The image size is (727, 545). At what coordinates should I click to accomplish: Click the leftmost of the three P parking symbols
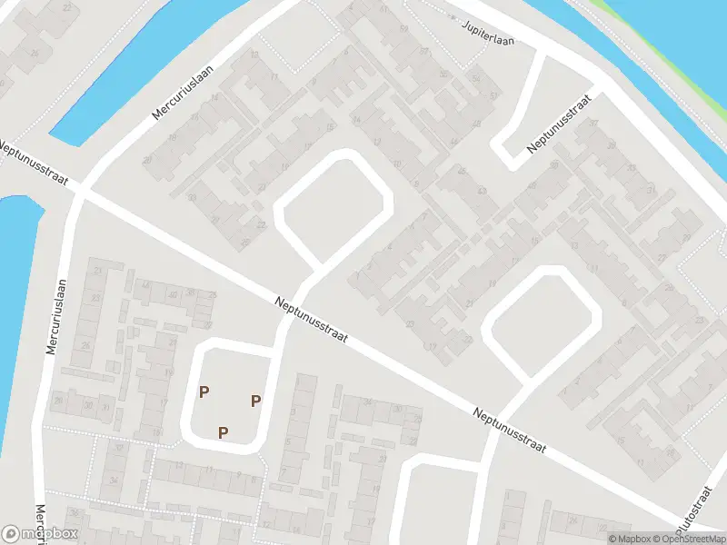(204, 392)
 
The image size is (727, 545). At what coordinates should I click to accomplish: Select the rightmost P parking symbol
(256, 401)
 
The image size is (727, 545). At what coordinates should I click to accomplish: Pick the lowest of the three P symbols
(223, 432)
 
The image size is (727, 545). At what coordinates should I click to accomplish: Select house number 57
(424, 50)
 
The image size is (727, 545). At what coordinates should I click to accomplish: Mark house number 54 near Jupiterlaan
(476, 79)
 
